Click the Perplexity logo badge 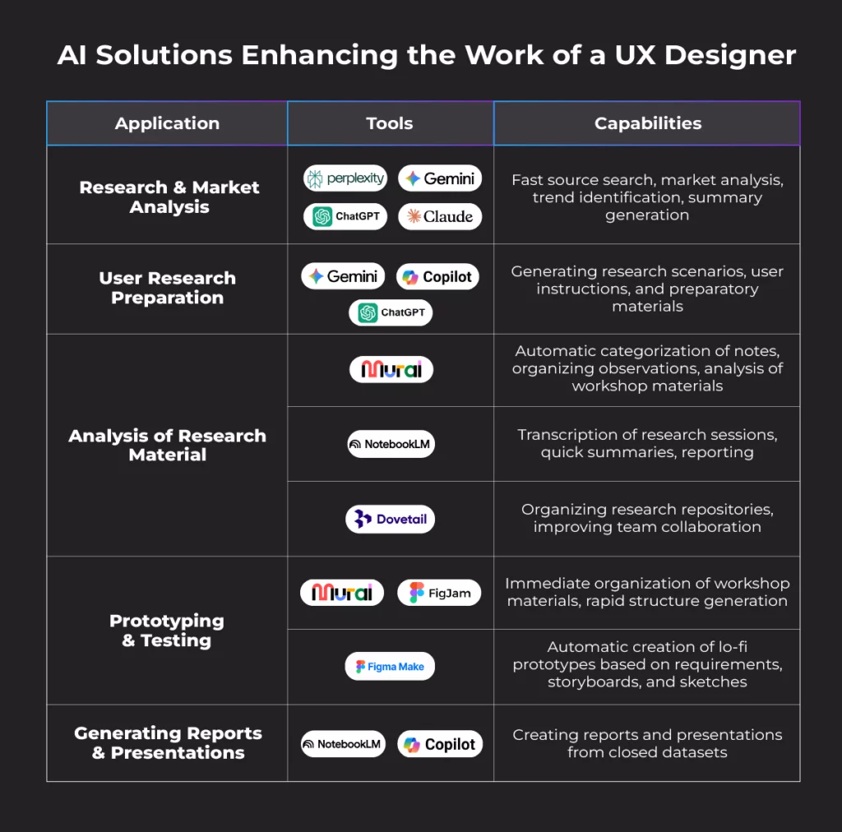345,178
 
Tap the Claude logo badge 440,216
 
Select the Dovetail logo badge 390,519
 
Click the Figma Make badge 390,667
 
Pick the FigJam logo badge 439,593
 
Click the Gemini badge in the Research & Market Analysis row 440,178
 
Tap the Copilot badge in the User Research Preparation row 437,277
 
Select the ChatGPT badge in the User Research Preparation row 391,312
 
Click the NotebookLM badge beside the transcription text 391,444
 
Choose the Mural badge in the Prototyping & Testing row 342,593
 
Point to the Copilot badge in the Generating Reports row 440,744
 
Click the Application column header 167,123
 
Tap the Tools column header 390,123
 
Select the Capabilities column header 648,123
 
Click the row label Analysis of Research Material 167,445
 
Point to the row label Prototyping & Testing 167,631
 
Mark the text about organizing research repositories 647,518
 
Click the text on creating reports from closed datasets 647,743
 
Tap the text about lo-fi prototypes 647,664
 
